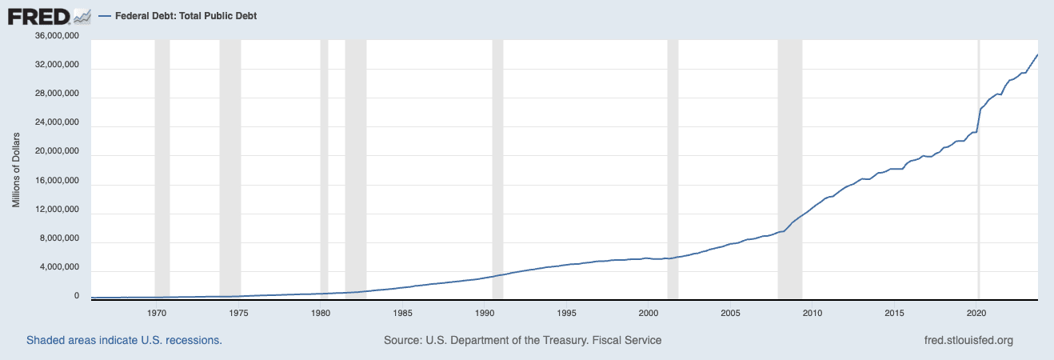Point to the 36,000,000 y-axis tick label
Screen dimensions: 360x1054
click(x=56, y=36)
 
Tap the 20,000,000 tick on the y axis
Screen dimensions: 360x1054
click(x=56, y=152)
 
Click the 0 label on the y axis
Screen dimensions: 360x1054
click(x=77, y=296)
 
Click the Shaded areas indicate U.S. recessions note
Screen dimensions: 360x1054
click(x=124, y=340)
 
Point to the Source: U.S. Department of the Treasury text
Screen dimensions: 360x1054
click(x=522, y=340)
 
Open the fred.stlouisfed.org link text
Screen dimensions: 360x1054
click(x=968, y=340)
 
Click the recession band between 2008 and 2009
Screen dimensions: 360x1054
click(x=790, y=160)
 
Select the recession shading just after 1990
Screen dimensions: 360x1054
click(x=497, y=160)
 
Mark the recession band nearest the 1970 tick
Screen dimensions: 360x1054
click(x=162, y=160)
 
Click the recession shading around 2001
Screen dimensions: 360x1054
click(x=673, y=160)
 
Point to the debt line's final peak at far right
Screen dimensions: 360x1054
click(x=1037, y=54)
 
